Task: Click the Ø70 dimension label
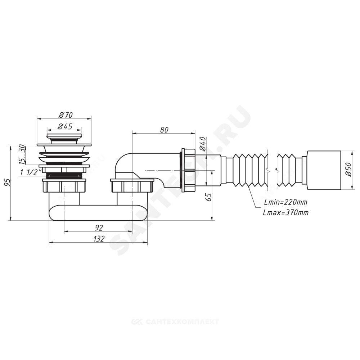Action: [66, 114]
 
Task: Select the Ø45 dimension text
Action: [65, 126]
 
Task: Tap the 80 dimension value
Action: [164, 130]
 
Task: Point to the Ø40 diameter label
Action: [203, 144]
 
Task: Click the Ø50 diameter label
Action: [348, 170]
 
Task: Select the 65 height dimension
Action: [209, 197]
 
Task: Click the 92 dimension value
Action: [99, 228]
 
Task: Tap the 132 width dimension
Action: [99, 239]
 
